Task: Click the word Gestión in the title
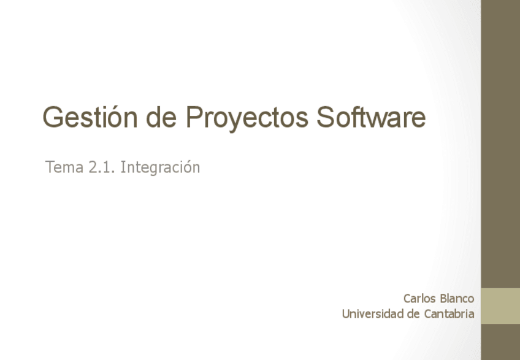90,117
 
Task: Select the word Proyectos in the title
247,118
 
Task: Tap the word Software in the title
371,117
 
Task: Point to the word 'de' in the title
161,117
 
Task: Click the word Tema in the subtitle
64,167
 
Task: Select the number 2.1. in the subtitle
102,167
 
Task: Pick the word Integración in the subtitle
160,167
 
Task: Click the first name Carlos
419,299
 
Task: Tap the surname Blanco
457,299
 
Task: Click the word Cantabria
449,314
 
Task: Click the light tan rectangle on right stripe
500,306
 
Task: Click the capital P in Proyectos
194,117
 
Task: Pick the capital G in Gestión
53,117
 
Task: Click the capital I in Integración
123,167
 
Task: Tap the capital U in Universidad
346,314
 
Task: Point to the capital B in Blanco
443,299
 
